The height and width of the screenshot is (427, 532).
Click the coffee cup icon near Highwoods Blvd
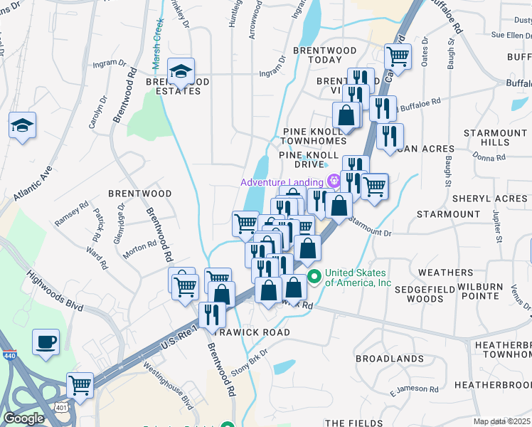(46, 342)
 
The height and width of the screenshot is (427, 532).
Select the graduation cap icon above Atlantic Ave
(23, 125)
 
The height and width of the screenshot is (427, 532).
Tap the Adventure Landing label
(282, 182)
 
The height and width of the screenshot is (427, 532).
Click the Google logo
(23, 418)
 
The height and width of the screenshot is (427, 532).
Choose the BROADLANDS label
(384, 358)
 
